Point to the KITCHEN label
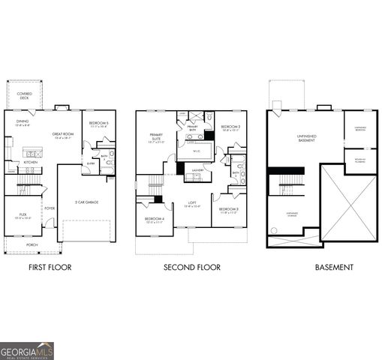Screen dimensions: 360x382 30,162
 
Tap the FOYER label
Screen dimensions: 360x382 50,208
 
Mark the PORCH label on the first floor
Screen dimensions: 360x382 32,244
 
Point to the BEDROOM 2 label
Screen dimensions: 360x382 231,128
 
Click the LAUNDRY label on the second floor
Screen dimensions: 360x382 197,170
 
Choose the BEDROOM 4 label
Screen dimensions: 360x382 154,220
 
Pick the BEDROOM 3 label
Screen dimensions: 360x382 229,209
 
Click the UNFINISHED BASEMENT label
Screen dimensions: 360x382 306,137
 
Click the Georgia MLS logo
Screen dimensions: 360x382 27,350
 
